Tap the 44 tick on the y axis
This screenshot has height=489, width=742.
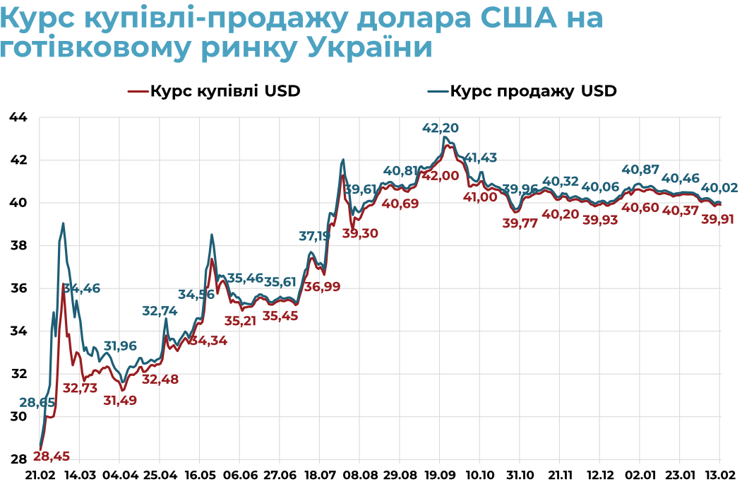(17, 117)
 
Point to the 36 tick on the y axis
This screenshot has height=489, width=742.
(17, 288)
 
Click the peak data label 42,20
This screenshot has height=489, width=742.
(440, 128)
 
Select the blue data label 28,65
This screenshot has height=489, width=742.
(37, 403)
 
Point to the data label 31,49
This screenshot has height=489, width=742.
(120, 400)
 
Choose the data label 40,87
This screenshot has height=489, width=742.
(640, 170)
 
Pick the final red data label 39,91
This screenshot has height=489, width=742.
(718, 219)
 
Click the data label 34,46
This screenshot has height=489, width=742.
(82, 288)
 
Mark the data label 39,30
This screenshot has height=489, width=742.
(361, 232)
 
